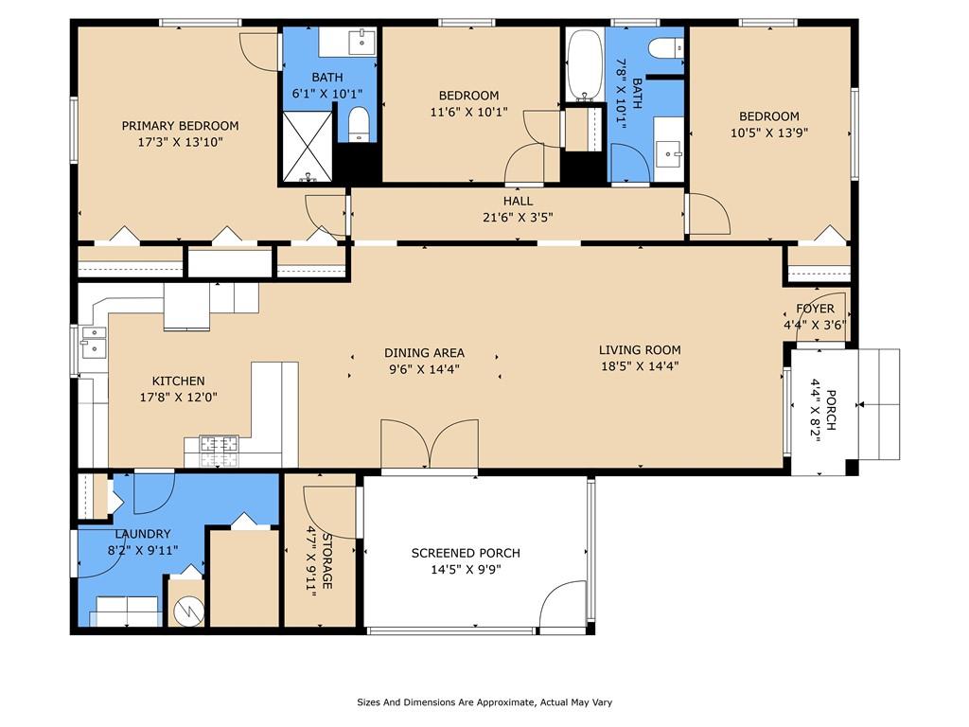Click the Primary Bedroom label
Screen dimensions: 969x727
click(180, 126)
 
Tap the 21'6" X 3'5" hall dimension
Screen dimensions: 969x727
click(518, 217)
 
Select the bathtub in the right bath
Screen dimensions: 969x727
click(585, 65)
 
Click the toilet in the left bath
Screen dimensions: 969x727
click(359, 124)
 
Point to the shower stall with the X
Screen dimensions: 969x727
click(308, 147)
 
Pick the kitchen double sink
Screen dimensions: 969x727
click(94, 341)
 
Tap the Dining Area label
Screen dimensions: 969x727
click(424, 353)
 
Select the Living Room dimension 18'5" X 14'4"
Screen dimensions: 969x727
click(640, 366)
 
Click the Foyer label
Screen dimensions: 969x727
click(815, 309)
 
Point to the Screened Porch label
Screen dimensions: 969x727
click(466, 553)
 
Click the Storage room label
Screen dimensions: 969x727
click(326, 561)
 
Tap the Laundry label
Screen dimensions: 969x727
click(143, 534)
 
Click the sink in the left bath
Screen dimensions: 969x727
click(361, 43)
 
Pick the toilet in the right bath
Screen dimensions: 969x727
click(665, 47)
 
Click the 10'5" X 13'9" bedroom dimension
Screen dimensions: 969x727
click(769, 133)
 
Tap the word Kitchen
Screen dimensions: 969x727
click(179, 381)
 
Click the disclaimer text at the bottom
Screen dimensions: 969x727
click(484, 702)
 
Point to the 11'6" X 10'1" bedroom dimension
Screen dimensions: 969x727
click(469, 112)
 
